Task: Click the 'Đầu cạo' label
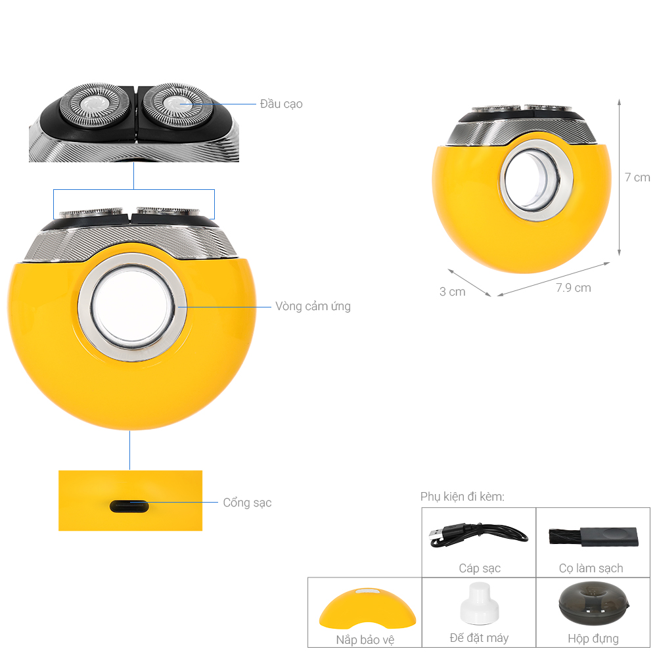click(x=281, y=104)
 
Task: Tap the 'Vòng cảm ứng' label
click(x=313, y=306)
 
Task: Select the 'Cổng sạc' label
click(x=247, y=503)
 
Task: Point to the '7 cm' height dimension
click(x=637, y=177)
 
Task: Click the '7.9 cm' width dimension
click(x=573, y=288)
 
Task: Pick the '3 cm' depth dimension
click(x=453, y=292)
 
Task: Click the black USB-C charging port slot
click(x=129, y=506)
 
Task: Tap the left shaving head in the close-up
click(x=95, y=104)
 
